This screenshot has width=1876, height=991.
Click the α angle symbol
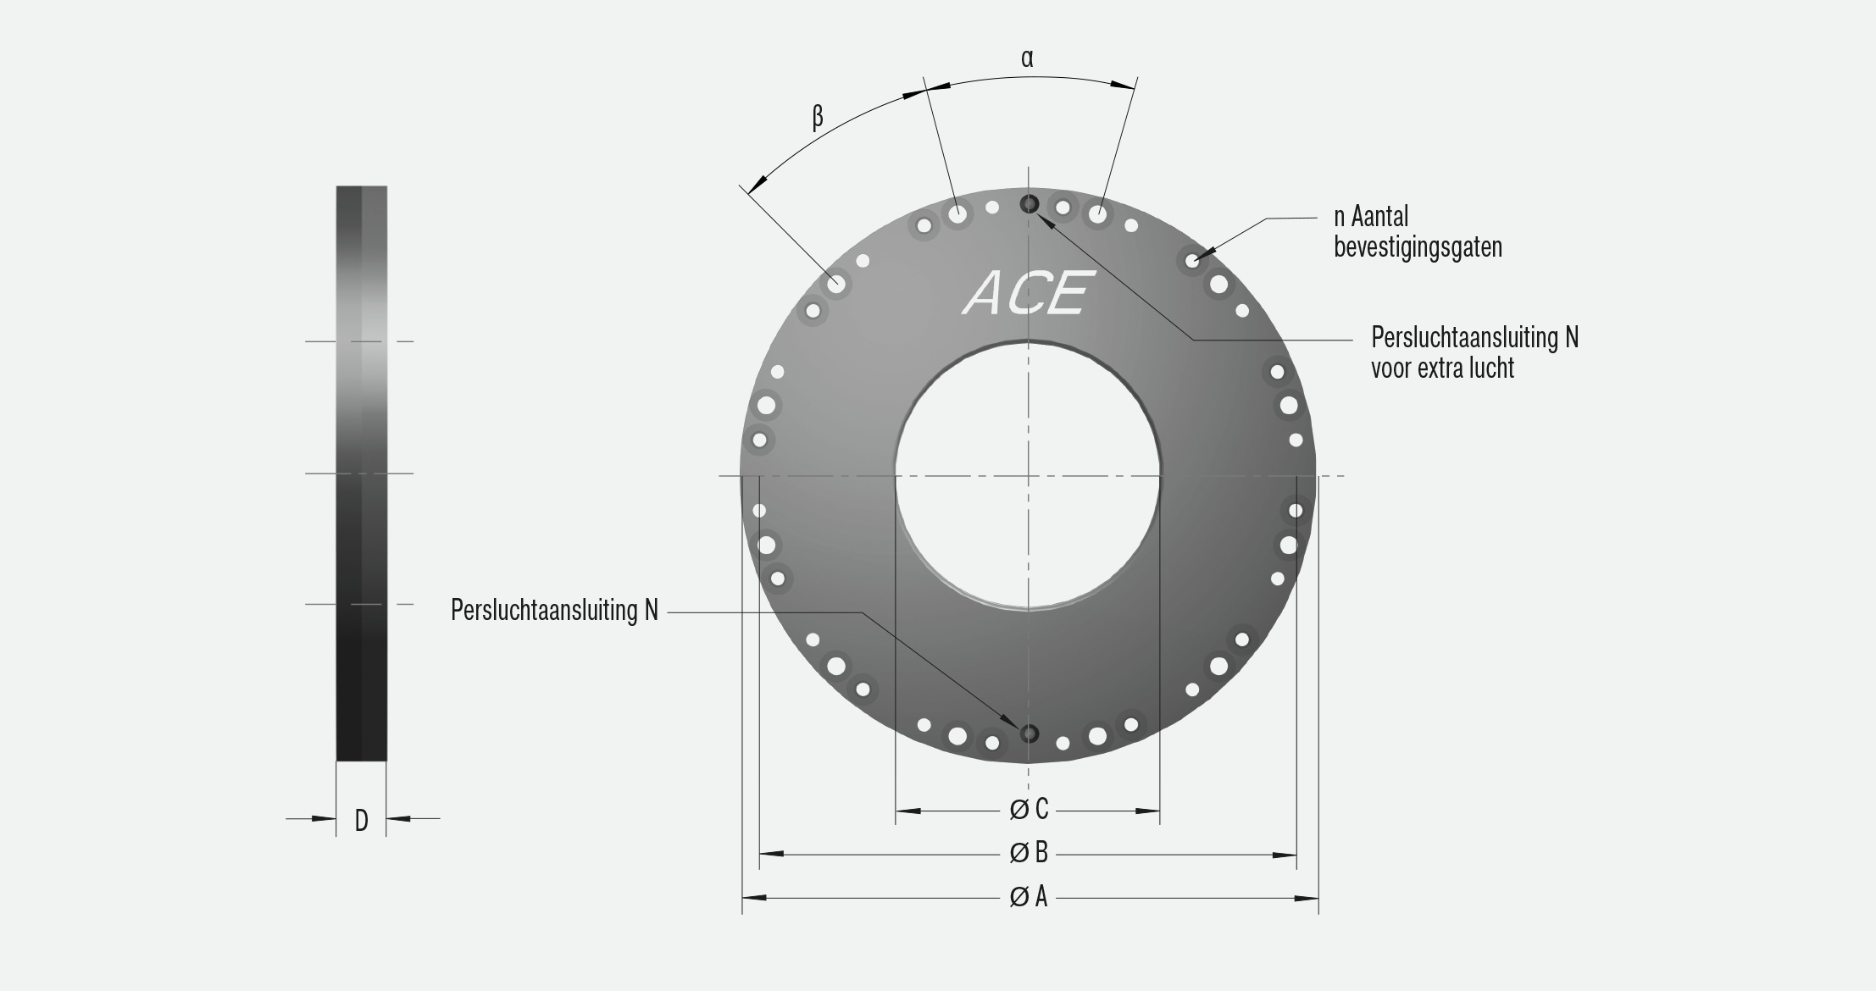[1027, 58]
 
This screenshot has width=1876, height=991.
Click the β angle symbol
[818, 116]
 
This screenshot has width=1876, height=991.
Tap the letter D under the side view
[361, 820]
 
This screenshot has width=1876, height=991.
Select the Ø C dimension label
[1029, 810]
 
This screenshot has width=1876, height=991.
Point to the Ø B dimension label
[1029, 853]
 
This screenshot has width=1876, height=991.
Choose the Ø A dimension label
[1029, 897]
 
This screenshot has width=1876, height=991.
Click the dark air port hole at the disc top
[1029, 203]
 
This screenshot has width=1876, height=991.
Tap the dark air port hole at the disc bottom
[1029, 733]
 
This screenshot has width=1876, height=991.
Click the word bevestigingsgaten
[1418, 247]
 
